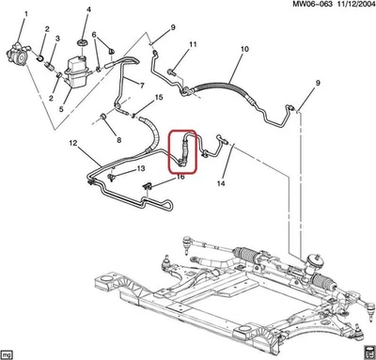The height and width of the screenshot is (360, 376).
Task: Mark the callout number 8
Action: pyautogui.click(x=119, y=139)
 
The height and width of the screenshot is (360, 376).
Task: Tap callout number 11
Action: pyautogui.click(x=193, y=44)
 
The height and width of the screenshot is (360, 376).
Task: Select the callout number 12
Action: pyautogui.click(x=71, y=143)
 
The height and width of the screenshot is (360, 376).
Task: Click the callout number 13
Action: pyautogui.click(x=141, y=168)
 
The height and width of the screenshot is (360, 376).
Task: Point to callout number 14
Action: pyautogui.click(x=222, y=183)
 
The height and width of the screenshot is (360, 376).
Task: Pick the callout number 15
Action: pyautogui.click(x=160, y=98)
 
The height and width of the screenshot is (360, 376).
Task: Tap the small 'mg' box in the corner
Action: pyautogui.click(x=8, y=353)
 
